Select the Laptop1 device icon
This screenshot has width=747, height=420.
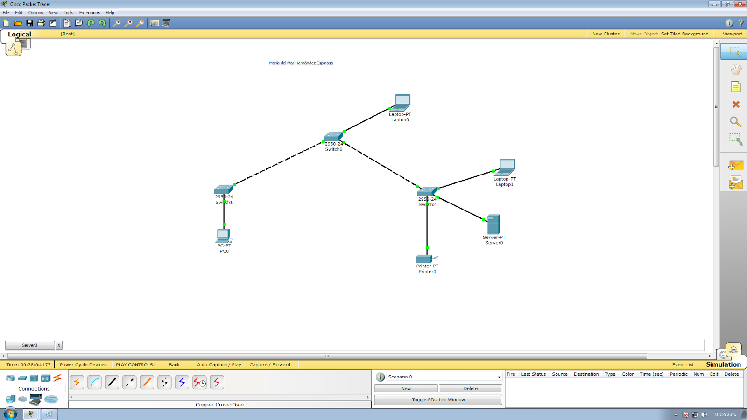(x=507, y=167)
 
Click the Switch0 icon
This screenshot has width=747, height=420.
(x=333, y=137)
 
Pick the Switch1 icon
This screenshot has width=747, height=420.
(x=223, y=189)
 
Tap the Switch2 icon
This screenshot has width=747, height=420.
(x=426, y=191)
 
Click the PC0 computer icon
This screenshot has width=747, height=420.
(x=224, y=235)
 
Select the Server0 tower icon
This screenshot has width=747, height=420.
(x=493, y=224)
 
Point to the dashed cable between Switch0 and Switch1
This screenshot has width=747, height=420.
(x=278, y=164)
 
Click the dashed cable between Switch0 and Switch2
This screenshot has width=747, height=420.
(x=381, y=165)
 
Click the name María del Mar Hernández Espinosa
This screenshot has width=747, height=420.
(x=301, y=63)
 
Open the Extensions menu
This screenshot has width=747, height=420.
(x=89, y=13)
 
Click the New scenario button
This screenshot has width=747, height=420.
(x=406, y=388)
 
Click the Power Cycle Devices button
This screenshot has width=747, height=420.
(x=83, y=365)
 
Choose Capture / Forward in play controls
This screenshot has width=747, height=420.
(x=270, y=365)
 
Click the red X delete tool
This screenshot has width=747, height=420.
(x=736, y=105)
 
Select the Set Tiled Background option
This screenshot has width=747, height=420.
(x=684, y=34)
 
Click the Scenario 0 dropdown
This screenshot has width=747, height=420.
(x=444, y=377)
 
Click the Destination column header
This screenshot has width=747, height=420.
(x=586, y=374)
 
